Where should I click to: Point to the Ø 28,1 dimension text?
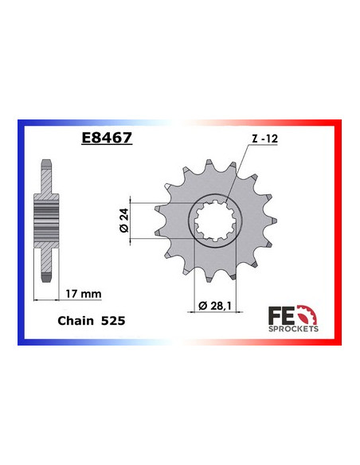tap(213, 306)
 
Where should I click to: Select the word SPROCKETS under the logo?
tap(296, 328)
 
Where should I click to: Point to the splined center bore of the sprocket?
tap(213, 220)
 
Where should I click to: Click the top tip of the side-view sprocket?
tap(49, 160)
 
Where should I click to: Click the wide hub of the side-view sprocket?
tap(49, 219)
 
